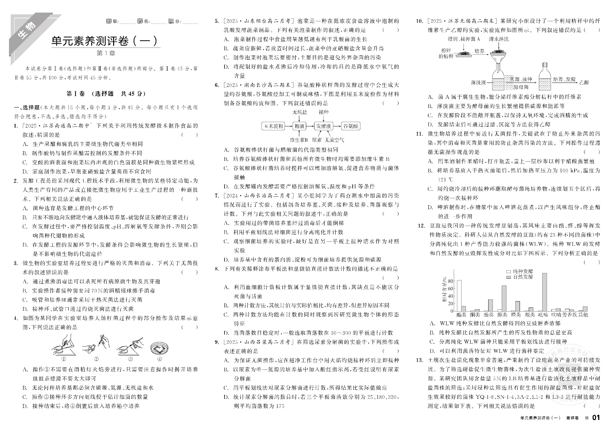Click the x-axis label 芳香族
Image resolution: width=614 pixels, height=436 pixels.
click(571, 315)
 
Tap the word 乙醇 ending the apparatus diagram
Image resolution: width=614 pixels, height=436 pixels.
click(584, 83)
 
